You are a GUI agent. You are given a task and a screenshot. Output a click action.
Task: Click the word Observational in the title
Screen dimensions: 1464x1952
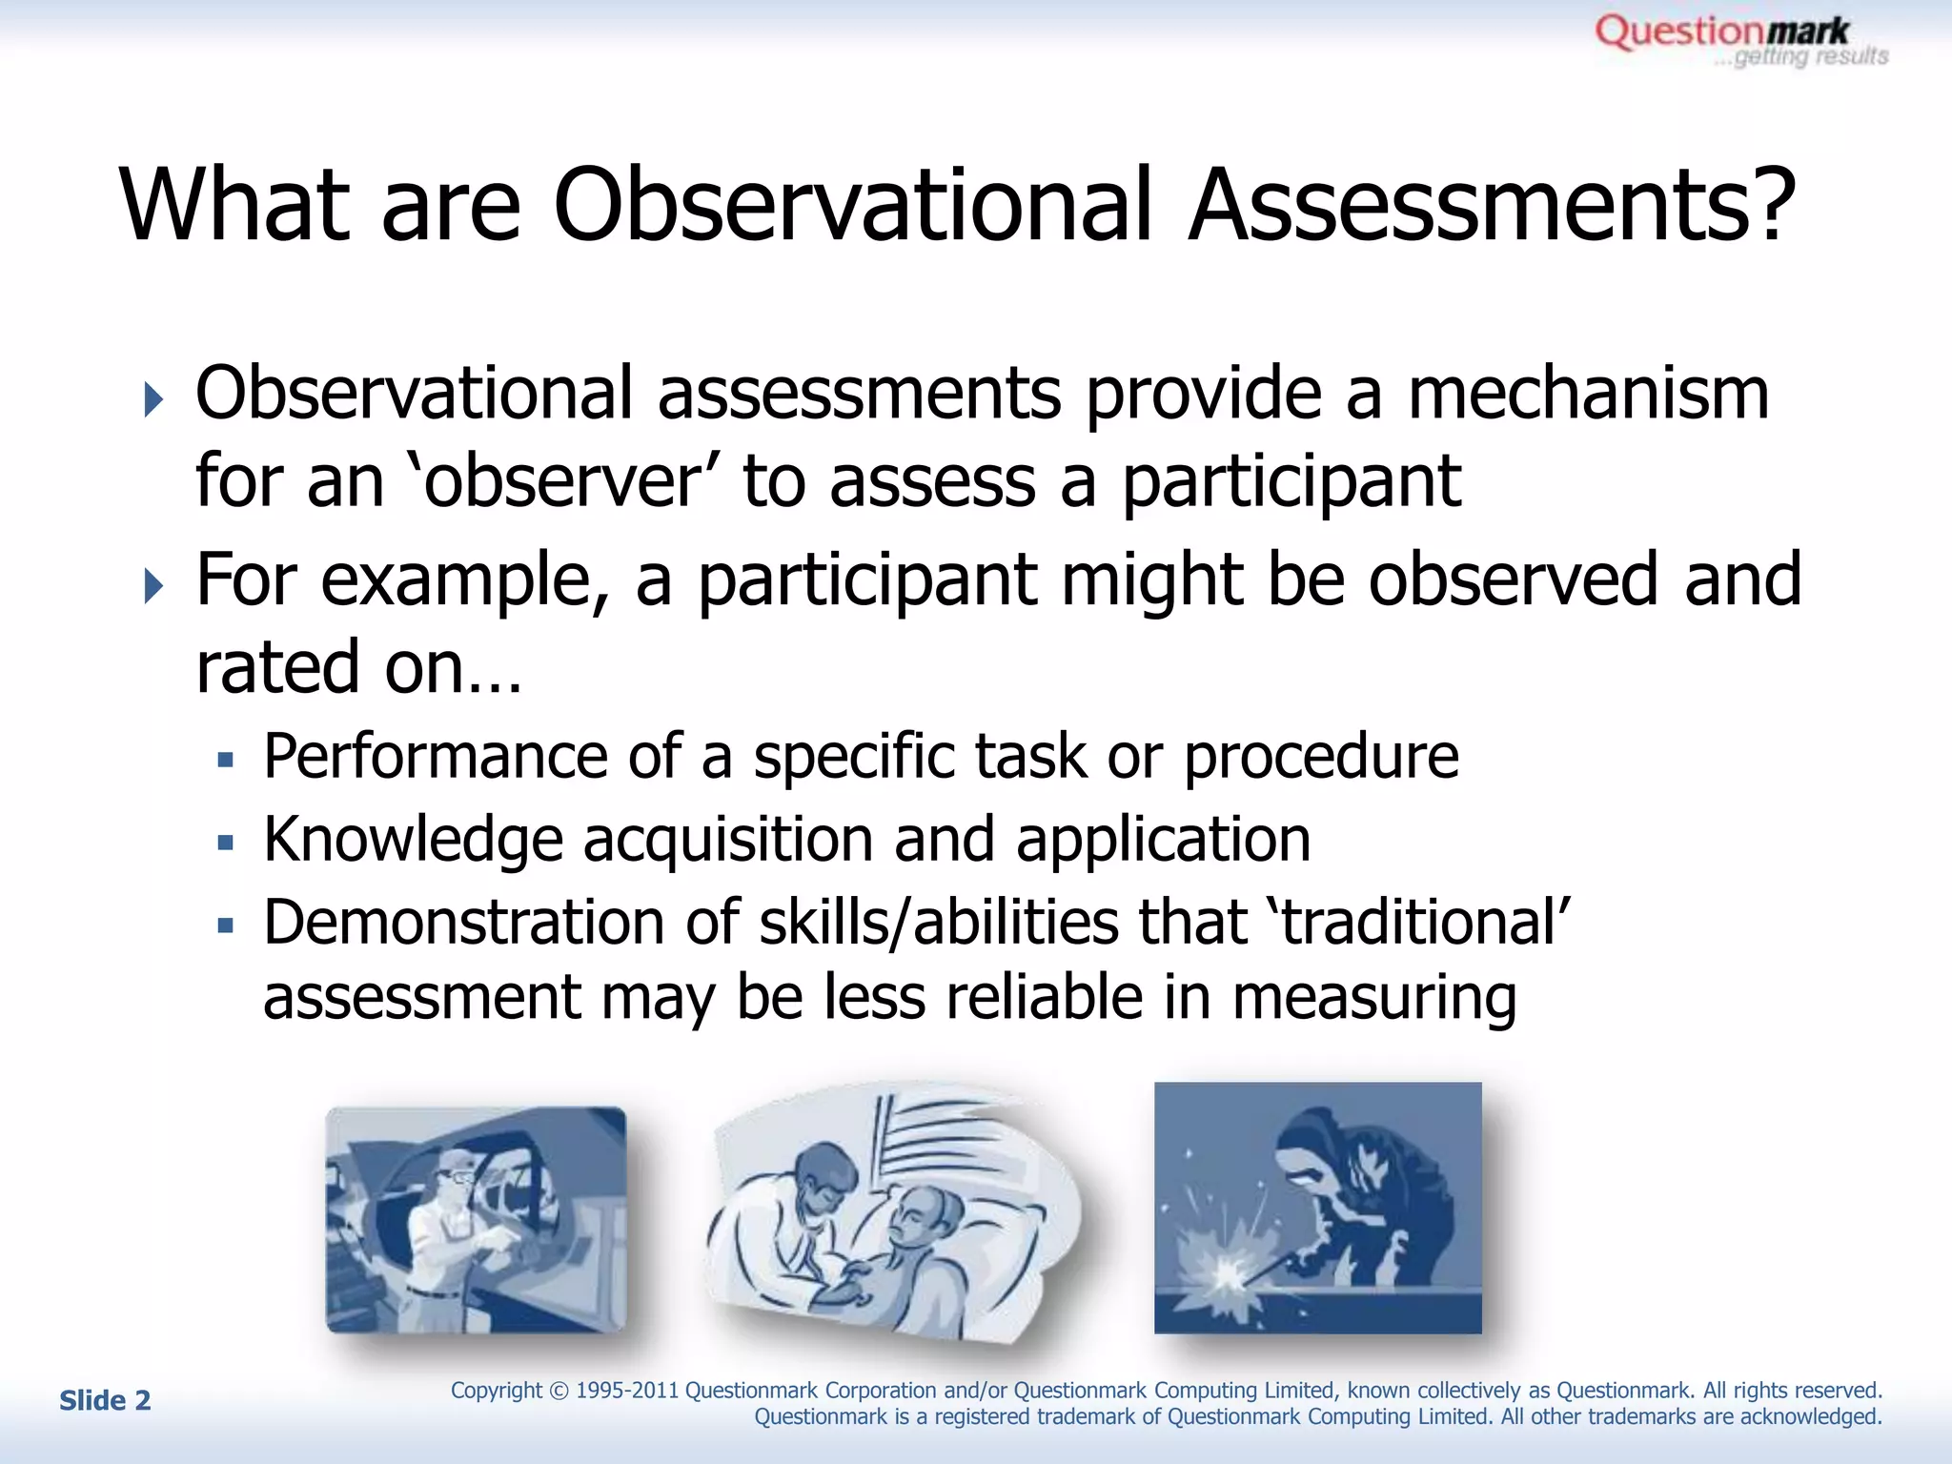pyautogui.click(x=852, y=206)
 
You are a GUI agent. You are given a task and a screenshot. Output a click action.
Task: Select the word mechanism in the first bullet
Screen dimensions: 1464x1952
pyautogui.click(x=1588, y=395)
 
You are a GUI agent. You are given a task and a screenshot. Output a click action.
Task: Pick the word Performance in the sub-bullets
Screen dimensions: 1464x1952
pyautogui.click(x=435, y=757)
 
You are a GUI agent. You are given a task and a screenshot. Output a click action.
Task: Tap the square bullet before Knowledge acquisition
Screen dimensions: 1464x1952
pyautogui.click(x=225, y=843)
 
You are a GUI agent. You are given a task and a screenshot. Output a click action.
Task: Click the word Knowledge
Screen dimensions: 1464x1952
pyautogui.click(x=413, y=841)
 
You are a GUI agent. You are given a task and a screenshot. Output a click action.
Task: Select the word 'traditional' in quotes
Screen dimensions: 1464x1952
pyautogui.click(x=1419, y=924)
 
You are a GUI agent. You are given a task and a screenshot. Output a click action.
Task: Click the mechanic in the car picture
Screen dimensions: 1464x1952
pyautogui.click(x=448, y=1239)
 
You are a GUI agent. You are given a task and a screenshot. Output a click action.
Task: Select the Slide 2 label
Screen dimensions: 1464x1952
pyautogui.click(x=105, y=1400)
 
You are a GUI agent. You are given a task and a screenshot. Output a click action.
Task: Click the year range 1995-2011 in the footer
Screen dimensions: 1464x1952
pyautogui.click(x=626, y=1391)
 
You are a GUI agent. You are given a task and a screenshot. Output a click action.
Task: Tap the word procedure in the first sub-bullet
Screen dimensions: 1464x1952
pyautogui.click(x=1320, y=757)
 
